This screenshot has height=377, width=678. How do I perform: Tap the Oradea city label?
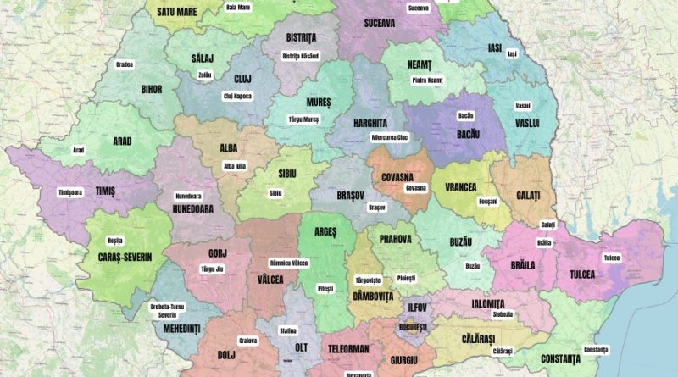[x=125, y=64]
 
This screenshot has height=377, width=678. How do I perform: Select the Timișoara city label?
[x=70, y=192]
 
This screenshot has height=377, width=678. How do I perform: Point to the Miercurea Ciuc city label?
[x=390, y=136]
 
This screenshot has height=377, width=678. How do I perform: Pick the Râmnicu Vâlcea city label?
[x=288, y=263]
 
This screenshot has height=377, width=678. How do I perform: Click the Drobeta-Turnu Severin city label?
[x=173, y=309]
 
